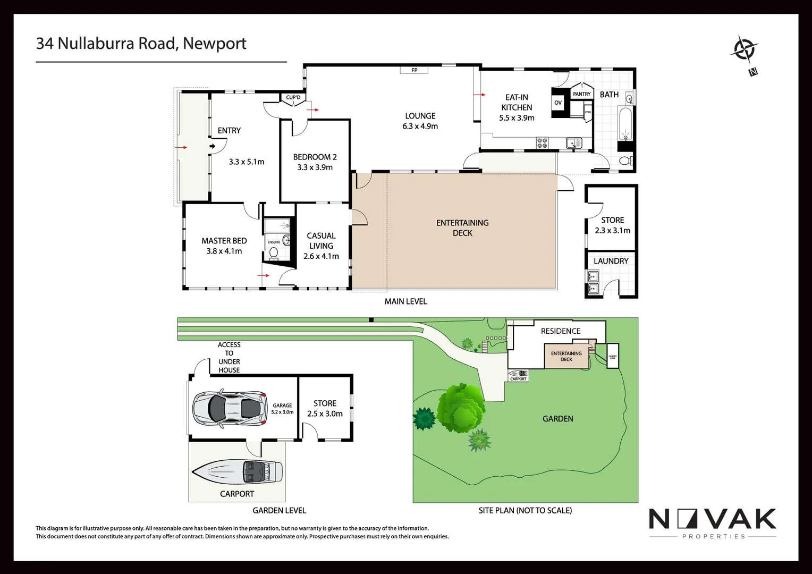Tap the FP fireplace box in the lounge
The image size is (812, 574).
point(414,70)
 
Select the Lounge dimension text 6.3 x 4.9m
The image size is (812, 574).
point(420,126)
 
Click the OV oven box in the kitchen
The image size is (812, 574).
point(558,103)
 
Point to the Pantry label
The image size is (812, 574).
point(581,94)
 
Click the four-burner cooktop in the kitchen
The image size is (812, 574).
point(542,143)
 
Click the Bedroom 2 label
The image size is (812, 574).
point(315,157)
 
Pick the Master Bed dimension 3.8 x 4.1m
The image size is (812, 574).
point(224,251)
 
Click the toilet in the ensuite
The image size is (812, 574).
point(274,254)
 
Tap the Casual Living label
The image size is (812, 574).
point(321,241)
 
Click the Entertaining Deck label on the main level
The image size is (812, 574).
point(462,227)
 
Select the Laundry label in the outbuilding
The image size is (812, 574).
point(611,261)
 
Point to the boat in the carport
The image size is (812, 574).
point(238,471)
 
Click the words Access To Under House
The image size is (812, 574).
point(229,357)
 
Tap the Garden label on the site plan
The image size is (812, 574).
point(557,419)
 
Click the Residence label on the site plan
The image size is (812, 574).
point(560,331)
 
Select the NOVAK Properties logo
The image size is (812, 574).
point(713,523)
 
